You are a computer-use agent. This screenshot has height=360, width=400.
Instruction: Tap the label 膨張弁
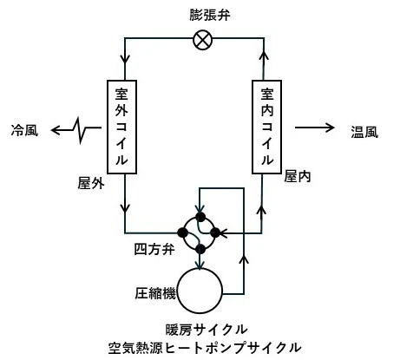(x=210, y=15)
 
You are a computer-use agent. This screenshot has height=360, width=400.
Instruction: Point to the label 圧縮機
(x=155, y=293)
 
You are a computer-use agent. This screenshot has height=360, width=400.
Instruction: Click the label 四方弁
(x=154, y=249)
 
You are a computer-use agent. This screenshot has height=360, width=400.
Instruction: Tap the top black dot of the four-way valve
(x=200, y=216)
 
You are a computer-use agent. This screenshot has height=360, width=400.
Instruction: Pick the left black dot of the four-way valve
(x=182, y=232)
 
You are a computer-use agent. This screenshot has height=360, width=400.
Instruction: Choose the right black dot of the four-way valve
(x=215, y=232)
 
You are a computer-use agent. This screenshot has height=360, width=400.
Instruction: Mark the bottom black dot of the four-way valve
(x=200, y=249)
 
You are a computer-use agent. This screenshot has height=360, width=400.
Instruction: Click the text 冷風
(x=24, y=130)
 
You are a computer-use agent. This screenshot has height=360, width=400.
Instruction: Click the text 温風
(x=364, y=132)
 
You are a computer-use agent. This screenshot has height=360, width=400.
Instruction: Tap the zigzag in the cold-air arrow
(x=80, y=130)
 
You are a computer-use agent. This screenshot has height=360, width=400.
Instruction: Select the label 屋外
(x=91, y=183)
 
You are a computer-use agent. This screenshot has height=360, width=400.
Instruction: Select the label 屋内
(x=298, y=176)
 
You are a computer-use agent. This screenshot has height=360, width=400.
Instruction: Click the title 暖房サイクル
(x=207, y=330)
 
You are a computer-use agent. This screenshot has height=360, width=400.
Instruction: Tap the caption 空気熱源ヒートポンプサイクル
(x=205, y=348)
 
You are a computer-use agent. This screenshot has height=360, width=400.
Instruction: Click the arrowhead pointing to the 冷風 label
(x=56, y=130)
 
